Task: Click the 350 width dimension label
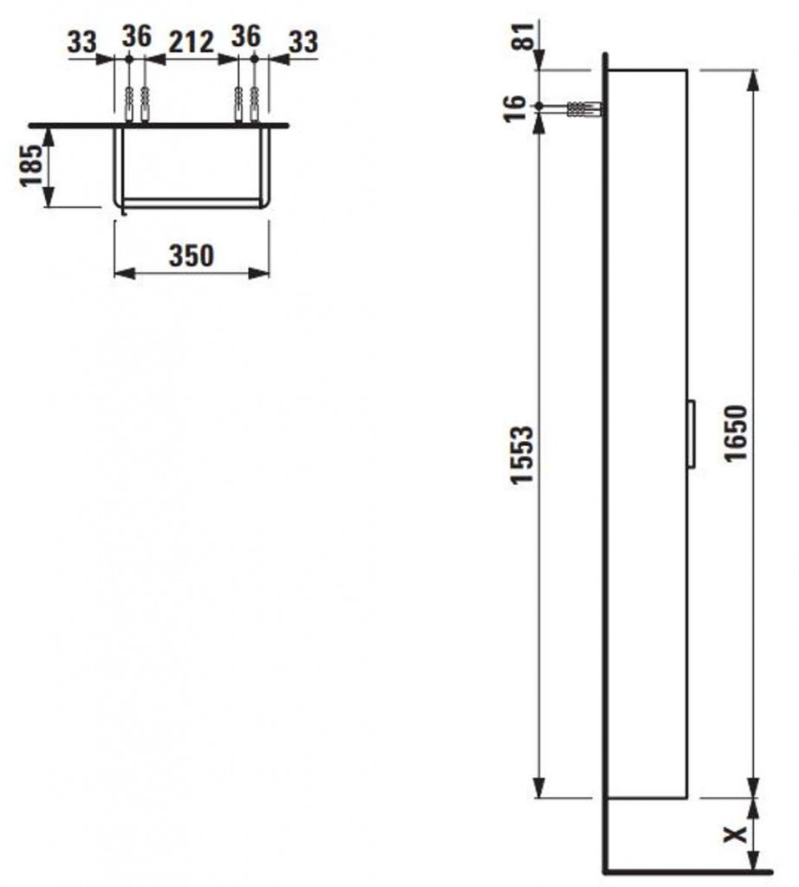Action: [192, 256]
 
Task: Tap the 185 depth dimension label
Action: [32, 165]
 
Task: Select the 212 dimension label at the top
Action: [192, 42]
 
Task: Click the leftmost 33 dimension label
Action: [82, 42]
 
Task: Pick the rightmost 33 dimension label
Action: [304, 42]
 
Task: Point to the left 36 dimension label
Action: [138, 36]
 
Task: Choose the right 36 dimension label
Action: [246, 36]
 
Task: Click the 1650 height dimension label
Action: [737, 433]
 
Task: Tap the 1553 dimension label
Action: [522, 455]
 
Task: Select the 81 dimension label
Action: [523, 36]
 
